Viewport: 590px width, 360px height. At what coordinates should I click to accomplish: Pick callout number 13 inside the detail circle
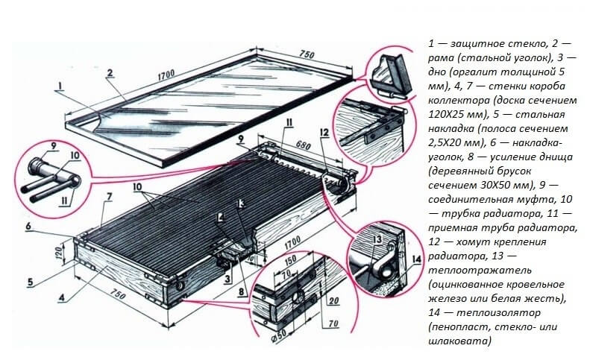tap(377, 239)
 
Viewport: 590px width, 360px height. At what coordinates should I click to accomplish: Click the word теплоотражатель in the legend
tap(467, 271)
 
